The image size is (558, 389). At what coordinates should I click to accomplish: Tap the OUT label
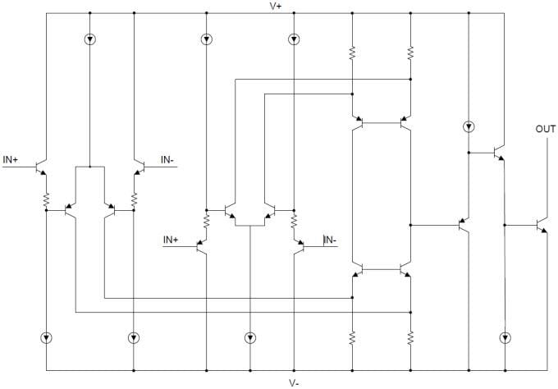pos(545,130)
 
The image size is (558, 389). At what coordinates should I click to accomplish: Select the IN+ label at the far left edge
pos(11,159)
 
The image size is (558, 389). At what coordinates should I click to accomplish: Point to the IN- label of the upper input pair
pos(167,159)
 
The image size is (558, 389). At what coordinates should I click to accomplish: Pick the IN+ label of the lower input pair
pos(171,240)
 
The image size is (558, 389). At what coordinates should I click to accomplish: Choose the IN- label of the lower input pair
pos(330,240)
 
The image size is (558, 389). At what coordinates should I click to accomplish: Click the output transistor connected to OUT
pos(541,225)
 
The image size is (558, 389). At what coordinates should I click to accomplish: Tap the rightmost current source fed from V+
pos(468,126)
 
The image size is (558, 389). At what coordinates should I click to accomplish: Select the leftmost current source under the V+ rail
pos(89,39)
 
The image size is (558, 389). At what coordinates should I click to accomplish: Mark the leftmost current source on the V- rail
pos(47,337)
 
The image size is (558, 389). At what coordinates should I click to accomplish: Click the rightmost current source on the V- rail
pos(505,337)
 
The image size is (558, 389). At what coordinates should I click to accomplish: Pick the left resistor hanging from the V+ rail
pos(352,53)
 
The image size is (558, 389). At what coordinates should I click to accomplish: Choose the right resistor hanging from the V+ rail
pos(409,53)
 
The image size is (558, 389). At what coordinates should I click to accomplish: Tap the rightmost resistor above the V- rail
pos(409,337)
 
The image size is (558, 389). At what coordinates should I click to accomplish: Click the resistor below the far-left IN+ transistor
pos(47,199)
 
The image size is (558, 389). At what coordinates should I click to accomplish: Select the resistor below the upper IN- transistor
pos(134,199)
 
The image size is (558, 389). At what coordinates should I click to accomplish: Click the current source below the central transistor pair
pos(249,337)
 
